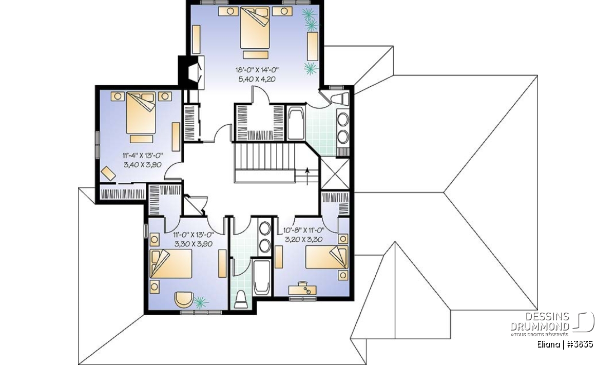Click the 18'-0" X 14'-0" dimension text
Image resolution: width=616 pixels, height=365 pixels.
pos(257,70)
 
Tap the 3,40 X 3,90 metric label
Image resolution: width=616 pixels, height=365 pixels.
pos(142,165)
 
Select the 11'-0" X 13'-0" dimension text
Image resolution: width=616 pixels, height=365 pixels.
pos(194,235)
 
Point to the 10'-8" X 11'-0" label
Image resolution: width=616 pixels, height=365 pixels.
pos(304,230)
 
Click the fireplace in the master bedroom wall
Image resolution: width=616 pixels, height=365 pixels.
pos(191,72)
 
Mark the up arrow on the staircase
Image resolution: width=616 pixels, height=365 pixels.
pos(307,176)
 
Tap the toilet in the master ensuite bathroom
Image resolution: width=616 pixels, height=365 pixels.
pos(340,99)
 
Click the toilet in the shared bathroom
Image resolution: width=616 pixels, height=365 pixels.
pos(241,299)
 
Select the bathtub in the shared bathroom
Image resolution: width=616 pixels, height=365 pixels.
pos(262,277)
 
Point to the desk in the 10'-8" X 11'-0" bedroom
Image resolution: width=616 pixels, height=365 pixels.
pos(302,290)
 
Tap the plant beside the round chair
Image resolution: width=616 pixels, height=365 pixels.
pos(201,302)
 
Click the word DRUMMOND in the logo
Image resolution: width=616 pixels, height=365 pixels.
pos(540,326)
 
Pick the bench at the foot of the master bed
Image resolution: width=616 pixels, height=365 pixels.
pos(256,54)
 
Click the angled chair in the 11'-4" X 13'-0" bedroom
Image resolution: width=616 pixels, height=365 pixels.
pos(108,174)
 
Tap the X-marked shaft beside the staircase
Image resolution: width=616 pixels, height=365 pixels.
pos(335,174)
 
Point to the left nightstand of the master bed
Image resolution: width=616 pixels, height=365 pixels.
pos(228,11)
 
